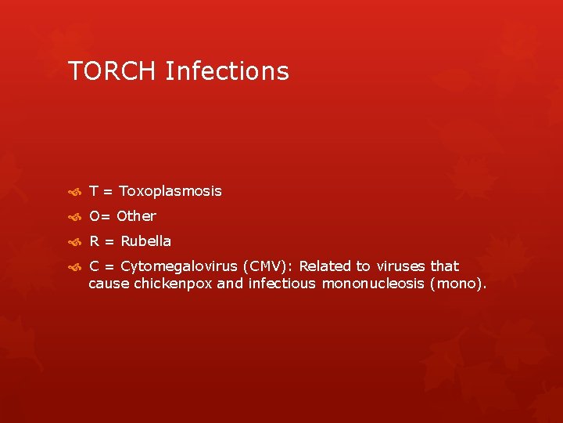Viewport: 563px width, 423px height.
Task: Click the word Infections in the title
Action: point(227,71)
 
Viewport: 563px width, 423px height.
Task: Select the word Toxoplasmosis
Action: point(170,191)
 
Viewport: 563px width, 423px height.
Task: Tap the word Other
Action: point(137,216)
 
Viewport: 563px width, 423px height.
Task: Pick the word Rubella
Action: point(146,241)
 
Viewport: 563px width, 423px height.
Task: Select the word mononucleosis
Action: point(373,284)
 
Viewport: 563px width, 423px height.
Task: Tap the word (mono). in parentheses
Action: point(458,284)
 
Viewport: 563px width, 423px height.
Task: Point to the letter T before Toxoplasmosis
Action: point(93,191)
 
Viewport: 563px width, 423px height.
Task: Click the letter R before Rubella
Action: point(94,241)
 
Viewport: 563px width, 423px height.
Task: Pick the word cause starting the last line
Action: point(109,284)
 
